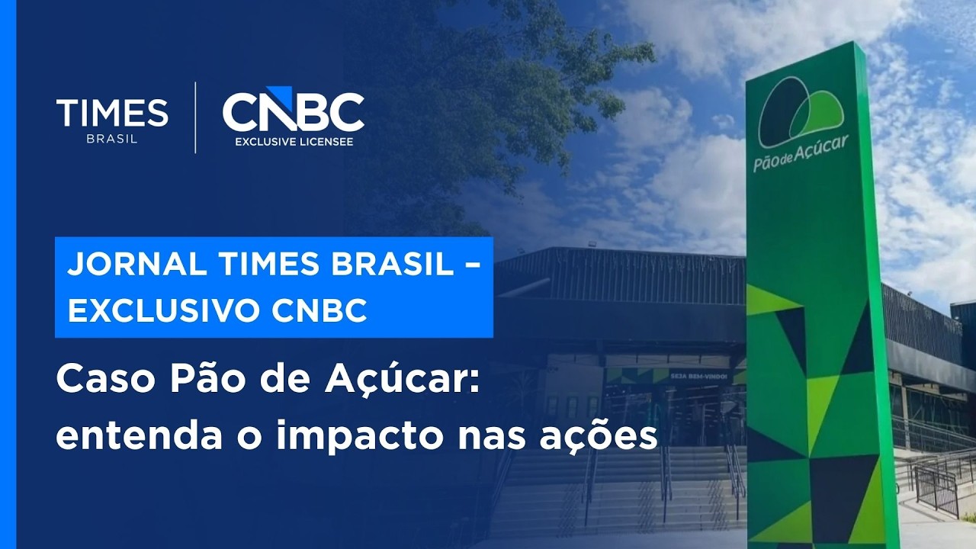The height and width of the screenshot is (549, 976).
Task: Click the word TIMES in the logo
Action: click(x=112, y=113)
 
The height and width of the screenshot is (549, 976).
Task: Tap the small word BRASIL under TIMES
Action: click(x=112, y=139)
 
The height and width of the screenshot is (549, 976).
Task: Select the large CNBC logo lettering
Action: click(x=294, y=112)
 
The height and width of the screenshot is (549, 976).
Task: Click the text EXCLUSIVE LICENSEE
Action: click(x=294, y=142)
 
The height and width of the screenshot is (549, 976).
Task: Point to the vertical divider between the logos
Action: click(x=196, y=117)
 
